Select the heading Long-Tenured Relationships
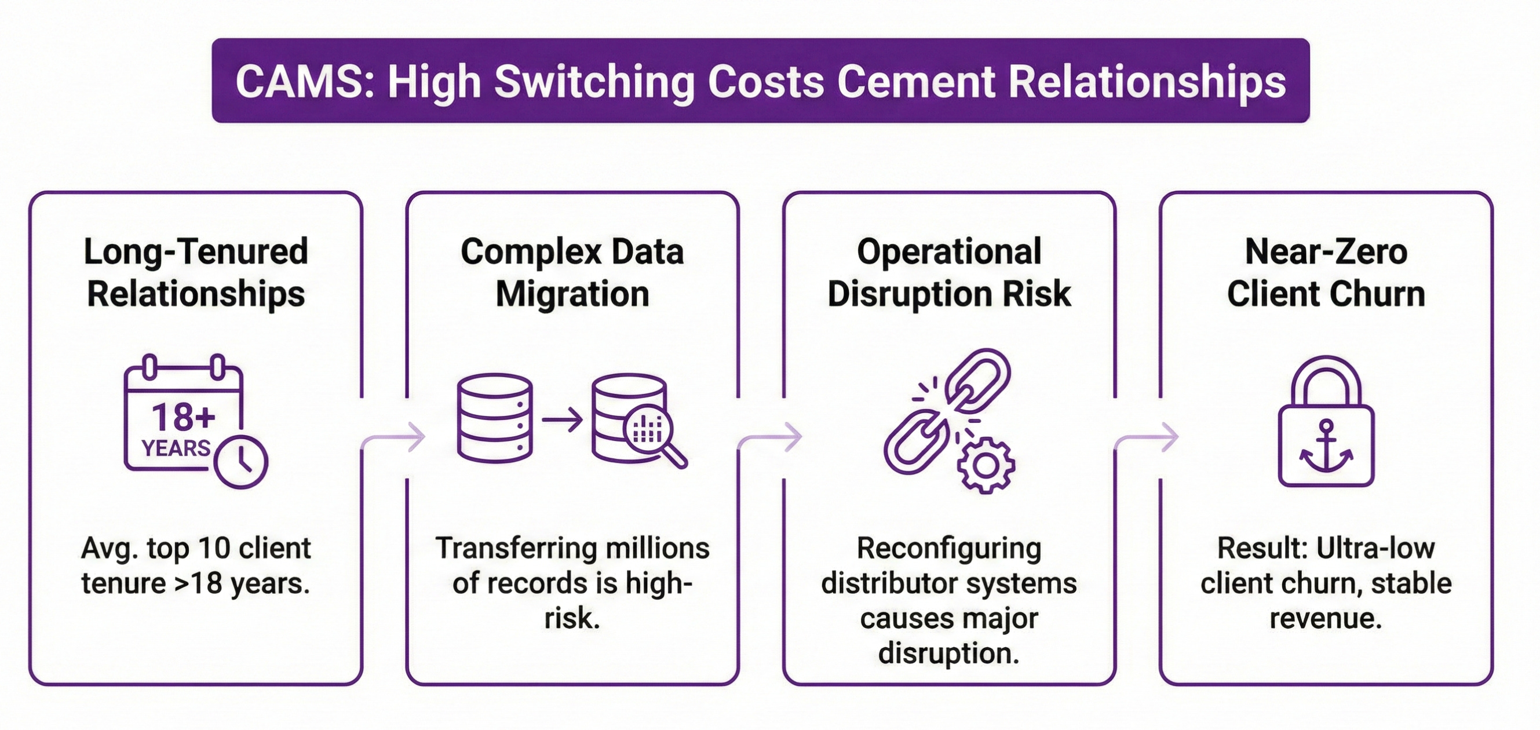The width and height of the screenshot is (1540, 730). tap(196, 273)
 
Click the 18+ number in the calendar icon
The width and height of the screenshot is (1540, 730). tap(183, 417)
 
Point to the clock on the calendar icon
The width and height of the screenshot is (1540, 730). tap(241, 462)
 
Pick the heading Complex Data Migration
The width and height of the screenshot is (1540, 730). tap(572, 273)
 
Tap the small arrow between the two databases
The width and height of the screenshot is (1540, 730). tap(562, 419)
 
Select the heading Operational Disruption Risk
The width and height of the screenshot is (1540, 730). tap(949, 273)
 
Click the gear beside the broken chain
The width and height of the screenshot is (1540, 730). tap(985, 465)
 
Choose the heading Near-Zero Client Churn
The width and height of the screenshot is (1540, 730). tap(1326, 273)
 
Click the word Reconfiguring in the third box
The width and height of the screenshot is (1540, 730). tap(949, 548)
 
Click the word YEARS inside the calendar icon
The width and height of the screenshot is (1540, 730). tap(176, 448)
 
